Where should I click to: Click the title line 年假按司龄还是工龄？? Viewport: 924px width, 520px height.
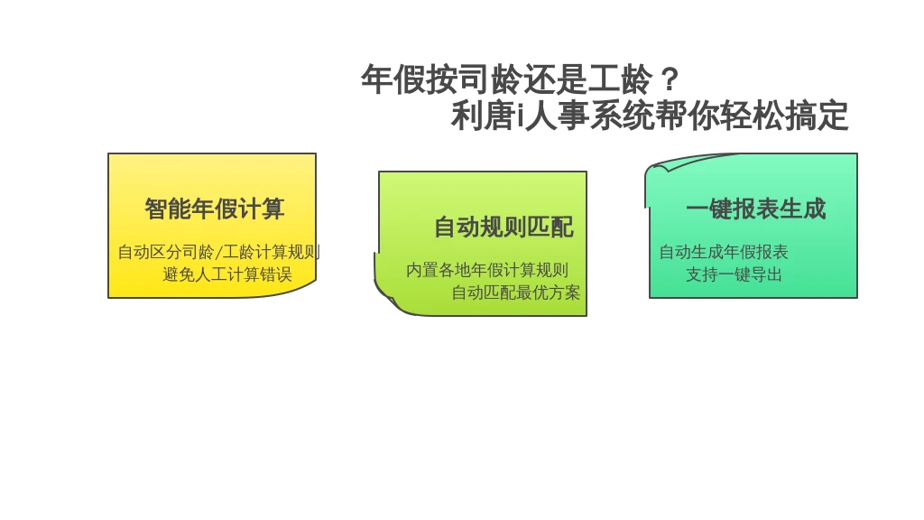[x=521, y=79]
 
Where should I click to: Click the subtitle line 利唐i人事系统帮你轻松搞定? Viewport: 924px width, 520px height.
[x=650, y=116]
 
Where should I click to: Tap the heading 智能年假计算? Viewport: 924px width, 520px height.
[x=215, y=209]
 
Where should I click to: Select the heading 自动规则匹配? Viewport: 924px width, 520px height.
[x=504, y=227]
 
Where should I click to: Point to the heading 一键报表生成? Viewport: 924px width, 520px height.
[x=756, y=209]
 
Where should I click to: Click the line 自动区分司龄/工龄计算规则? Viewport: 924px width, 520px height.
[x=218, y=253]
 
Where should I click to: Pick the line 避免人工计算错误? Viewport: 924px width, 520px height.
[x=227, y=274]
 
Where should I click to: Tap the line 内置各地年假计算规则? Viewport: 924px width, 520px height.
[x=487, y=271]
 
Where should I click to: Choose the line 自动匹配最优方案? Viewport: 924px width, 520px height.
[x=516, y=293]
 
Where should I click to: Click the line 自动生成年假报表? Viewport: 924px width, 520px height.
[x=724, y=253]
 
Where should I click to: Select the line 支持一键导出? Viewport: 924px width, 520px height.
[x=734, y=274]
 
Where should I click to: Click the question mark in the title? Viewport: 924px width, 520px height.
[x=670, y=79]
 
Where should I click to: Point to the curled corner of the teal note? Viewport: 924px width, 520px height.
[x=659, y=169]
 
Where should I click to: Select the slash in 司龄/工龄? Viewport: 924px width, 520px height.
[x=218, y=253]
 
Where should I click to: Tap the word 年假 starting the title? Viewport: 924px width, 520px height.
[x=393, y=79]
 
